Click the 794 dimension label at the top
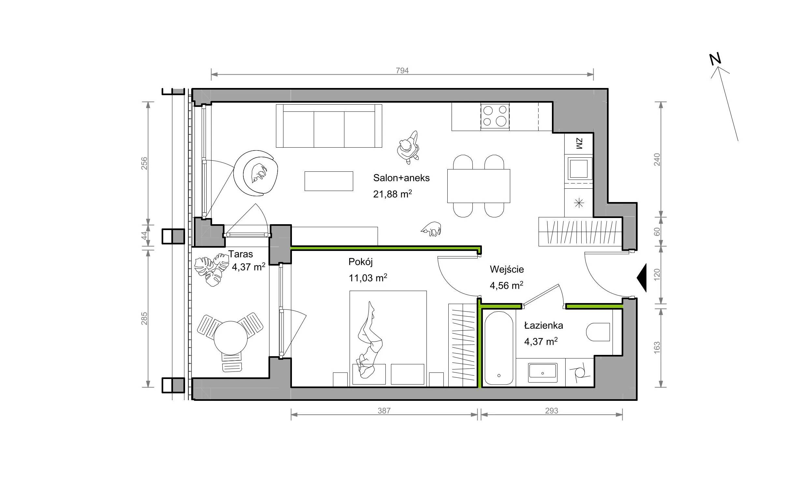tap(402, 71)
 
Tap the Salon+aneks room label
tap(401, 178)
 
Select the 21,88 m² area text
tap(393, 194)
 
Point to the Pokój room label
tap(360, 262)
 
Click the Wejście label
tap(507, 270)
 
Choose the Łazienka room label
tap(543, 325)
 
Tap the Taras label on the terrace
tap(240, 254)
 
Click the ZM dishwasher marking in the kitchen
tap(579, 143)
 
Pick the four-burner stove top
tap(495, 116)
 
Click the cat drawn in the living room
tap(431, 228)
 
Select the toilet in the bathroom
tap(598, 332)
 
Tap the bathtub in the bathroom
tap(498, 348)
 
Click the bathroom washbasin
tap(542, 372)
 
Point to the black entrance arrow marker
tap(642, 278)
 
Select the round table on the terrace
tap(230, 338)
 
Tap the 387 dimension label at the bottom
tap(384, 411)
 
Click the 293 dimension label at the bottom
tap(551, 411)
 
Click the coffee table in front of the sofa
tap(329, 181)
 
